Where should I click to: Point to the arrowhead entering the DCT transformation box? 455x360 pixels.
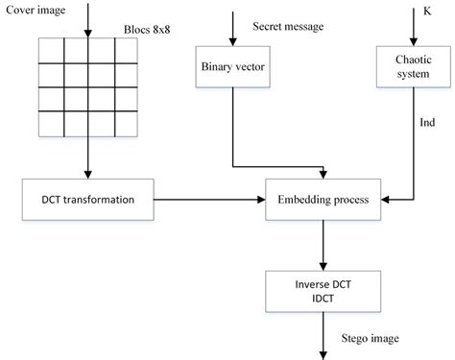tap(87, 176)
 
